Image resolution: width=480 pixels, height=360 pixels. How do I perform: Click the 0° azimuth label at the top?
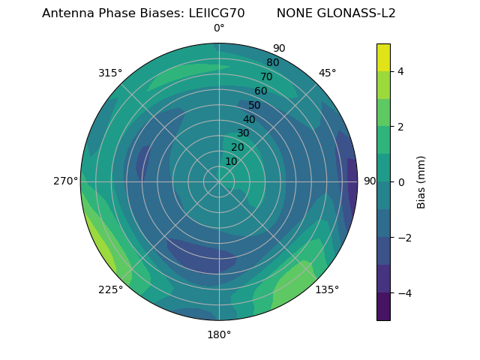click(x=219, y=28)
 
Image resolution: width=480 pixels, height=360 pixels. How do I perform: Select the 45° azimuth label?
click(x=327, y=73)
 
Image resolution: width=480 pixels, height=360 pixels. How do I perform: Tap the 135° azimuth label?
click(x=327, y=289)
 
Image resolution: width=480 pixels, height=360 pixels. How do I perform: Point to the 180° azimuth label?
click(x=219, y=334)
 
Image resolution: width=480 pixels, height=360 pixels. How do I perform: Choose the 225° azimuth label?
click(x=110, y=289)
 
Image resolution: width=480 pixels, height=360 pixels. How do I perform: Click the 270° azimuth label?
click(x=65, y=181)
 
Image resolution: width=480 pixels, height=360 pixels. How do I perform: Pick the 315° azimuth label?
click(x=110, y=73)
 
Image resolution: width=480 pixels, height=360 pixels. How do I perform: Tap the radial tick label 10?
click(x=231, y=161)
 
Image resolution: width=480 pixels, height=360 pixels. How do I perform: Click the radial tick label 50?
click(x=255, y=105)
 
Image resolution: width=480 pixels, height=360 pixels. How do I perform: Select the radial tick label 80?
click(x=272, y=63)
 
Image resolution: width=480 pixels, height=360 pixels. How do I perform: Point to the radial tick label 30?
click(x=243, y=133)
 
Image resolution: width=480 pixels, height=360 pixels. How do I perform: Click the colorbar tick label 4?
click(x=401, y=71)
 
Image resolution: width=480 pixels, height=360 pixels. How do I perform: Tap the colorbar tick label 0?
click(x=401, y=182)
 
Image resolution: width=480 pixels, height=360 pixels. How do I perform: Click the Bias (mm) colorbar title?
click(x=421, y=182)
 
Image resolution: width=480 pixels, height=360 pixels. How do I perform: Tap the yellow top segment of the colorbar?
click(x=383, y=57)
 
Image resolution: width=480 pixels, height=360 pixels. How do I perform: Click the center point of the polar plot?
click(x=219, y=181)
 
